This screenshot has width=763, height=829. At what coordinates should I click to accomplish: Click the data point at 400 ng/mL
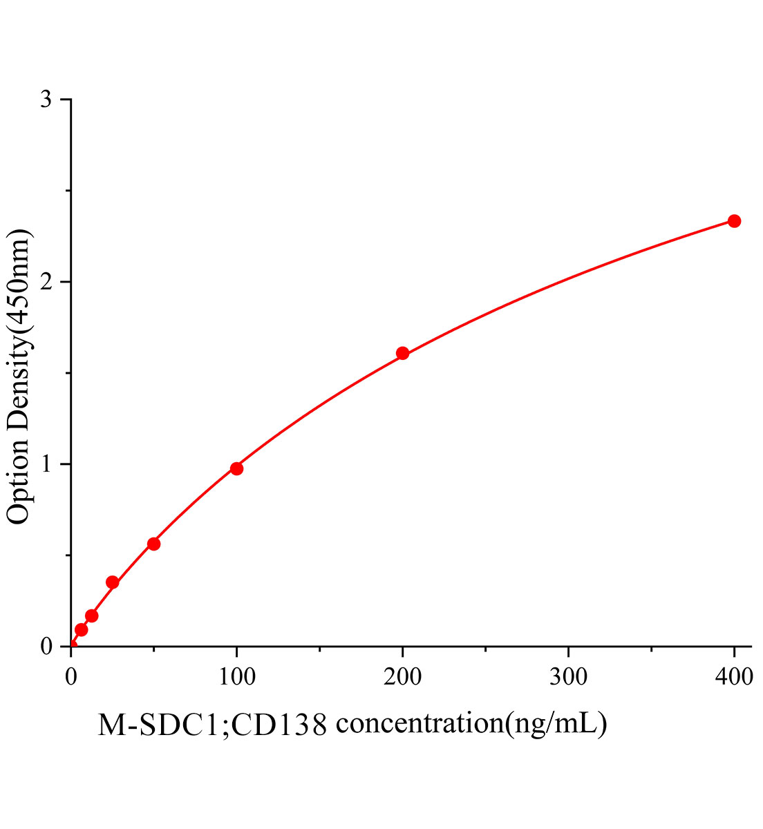[734, 221]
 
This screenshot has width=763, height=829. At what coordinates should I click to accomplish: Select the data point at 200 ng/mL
[402, 354]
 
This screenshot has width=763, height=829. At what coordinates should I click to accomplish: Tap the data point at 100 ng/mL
[236, 468]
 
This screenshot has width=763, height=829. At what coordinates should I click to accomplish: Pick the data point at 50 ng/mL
[153, 544]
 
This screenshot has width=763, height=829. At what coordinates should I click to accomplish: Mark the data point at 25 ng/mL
[112, 582]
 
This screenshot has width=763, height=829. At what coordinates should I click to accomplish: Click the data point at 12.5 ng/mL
[91, 616]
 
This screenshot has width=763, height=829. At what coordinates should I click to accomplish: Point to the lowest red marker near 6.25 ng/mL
[81, 629]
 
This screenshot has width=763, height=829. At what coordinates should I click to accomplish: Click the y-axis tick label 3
[46, 100]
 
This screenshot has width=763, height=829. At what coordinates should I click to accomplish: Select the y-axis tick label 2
[46, 282]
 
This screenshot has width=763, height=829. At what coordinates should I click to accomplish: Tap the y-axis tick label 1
[46, 464]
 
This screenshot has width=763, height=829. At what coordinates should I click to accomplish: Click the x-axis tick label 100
[236, 677]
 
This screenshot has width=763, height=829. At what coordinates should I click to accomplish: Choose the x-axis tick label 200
[402, 677]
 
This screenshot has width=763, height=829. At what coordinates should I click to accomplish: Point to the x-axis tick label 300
[568, 677]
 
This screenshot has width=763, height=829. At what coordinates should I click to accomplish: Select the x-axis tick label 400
[734, 677]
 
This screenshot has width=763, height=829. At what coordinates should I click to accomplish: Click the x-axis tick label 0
[71, 677]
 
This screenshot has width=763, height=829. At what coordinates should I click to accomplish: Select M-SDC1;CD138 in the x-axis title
[211, 725]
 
